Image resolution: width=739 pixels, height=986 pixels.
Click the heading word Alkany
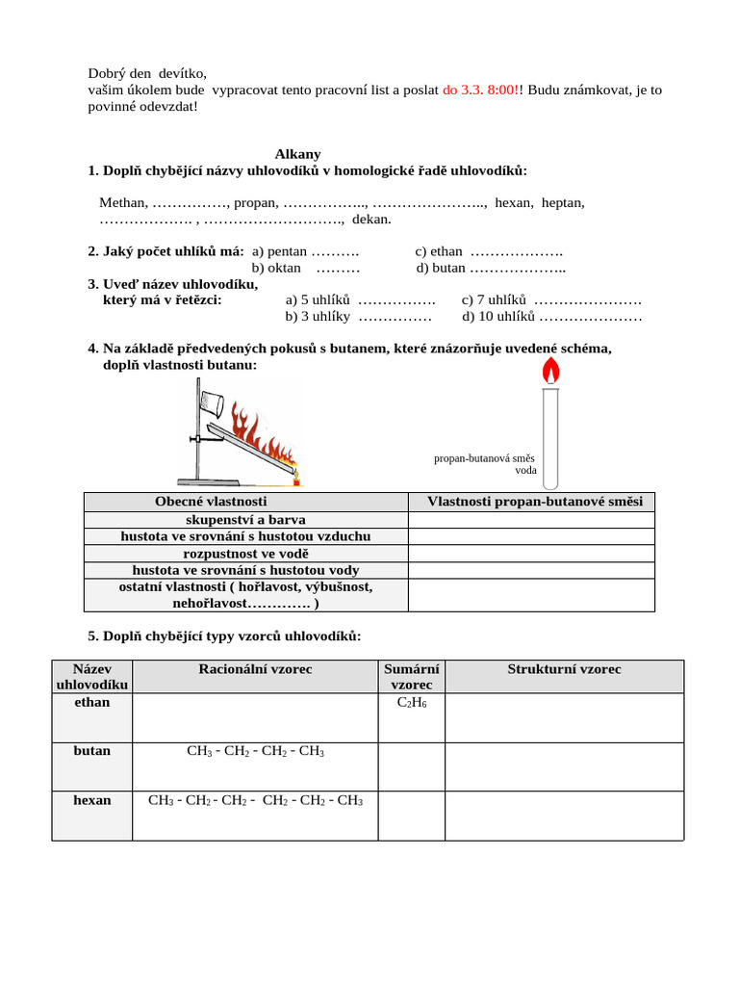[x=297, y=154]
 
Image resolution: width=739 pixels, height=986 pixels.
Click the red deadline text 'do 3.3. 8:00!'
[x=482, y=90]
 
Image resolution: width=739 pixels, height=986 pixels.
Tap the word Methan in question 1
[x=123, y=202]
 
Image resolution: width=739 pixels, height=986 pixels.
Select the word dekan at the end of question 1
[x=371, y=219]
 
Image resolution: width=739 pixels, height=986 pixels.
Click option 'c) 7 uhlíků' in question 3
[x=495, y=299]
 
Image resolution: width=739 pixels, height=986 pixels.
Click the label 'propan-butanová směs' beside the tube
[x=484, y=458]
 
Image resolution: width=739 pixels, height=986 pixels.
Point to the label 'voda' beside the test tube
[x=525, y=471]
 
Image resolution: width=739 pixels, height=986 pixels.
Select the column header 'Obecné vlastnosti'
[x=211, y=502]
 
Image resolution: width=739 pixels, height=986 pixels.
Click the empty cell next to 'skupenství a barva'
[x=531, y=520]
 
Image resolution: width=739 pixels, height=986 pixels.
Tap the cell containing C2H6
[x=411, y=703]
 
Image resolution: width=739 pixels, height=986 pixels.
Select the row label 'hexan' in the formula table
[x=92, y=800]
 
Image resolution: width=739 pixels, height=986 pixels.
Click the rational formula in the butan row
[x=255, y=751]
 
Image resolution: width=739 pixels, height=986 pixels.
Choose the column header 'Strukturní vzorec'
[x=564, y=669]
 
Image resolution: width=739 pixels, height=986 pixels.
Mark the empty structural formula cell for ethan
[x=564, y=717]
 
